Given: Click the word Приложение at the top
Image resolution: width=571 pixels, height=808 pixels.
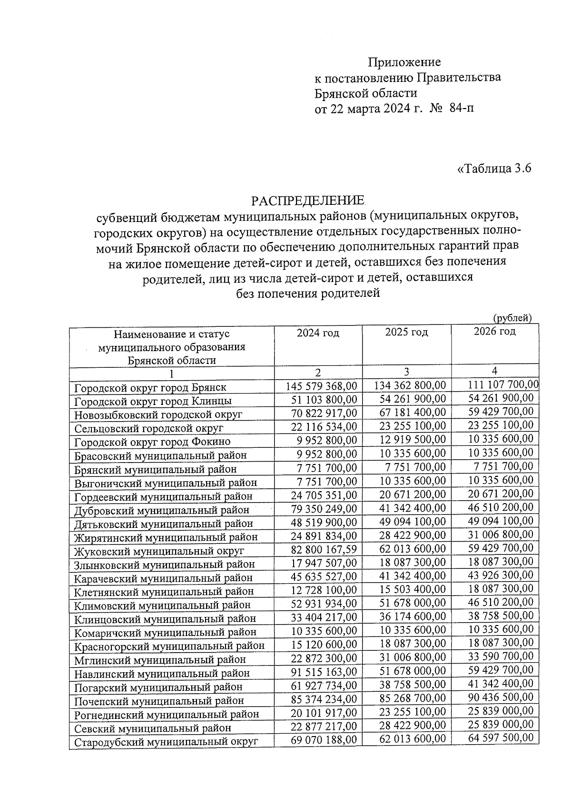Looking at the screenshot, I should (x=404, y=62).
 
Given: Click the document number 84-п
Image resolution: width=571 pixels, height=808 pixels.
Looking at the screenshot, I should (x=461, y=108).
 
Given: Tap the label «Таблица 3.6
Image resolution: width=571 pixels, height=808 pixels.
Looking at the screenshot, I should (x=493, y=169).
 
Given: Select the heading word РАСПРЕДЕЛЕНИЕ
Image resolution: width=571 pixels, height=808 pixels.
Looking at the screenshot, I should (x=308, y=200).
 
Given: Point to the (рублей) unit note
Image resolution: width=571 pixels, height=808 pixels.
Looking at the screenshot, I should (x=512, y=318).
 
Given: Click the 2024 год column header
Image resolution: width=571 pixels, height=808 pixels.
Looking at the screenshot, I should (x=318, y=333).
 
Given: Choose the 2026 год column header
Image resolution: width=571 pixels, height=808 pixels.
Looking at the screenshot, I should (x=494, y=331).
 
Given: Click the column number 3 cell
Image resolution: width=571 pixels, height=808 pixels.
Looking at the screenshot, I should (x=406, y=372).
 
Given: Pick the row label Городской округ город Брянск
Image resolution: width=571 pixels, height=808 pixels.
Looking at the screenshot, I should (x=150, y=387).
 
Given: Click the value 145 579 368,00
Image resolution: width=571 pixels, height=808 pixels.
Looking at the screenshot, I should (x=321, y=385).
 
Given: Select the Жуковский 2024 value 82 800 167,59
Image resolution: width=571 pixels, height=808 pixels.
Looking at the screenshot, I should (x=324, y=549).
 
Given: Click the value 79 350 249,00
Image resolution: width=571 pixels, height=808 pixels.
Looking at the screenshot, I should (x=324, y=508).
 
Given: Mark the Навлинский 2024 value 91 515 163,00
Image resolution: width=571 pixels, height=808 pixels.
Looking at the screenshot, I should (x=324, y=672).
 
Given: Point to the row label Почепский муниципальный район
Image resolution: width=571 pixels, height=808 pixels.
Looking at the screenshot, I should (x=159, y=701).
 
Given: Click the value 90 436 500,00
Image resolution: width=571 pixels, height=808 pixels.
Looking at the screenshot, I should (x=501, y=697).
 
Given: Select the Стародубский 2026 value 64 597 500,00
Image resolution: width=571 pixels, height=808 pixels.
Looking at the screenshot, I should (x=501, y=738).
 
